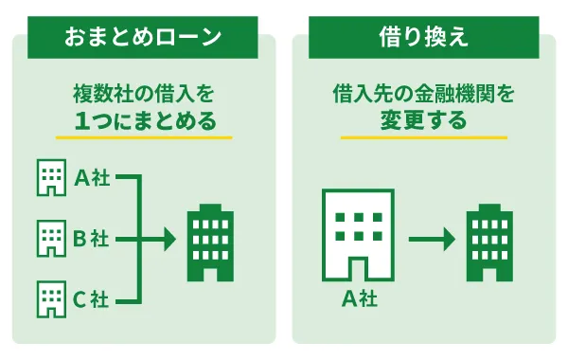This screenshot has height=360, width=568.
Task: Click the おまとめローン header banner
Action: click(142, 37)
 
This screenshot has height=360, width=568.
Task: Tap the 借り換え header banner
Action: click(423, 37)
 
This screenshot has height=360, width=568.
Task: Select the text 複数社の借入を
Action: click(143, 94)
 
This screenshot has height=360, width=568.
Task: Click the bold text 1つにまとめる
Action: click(143, 121)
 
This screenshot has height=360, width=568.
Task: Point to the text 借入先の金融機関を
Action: click(423, 94)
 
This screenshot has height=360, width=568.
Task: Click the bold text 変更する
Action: click(423, 121)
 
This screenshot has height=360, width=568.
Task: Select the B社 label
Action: click(91, 238)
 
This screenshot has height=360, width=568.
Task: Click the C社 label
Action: click(91, 299)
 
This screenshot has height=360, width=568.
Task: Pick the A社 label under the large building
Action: click(358, 300)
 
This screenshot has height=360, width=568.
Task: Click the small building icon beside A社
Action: click(48, 177)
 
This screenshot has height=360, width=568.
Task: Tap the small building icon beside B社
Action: click(48, 238)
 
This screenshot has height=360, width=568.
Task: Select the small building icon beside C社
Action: click(48, 299)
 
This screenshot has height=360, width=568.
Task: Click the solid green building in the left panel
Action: click(209, 242)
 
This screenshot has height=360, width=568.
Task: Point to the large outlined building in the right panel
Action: click(358, 236)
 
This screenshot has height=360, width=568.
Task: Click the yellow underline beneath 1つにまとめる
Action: click(143, 138)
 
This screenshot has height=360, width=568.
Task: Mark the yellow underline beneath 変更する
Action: click(423, 138)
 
